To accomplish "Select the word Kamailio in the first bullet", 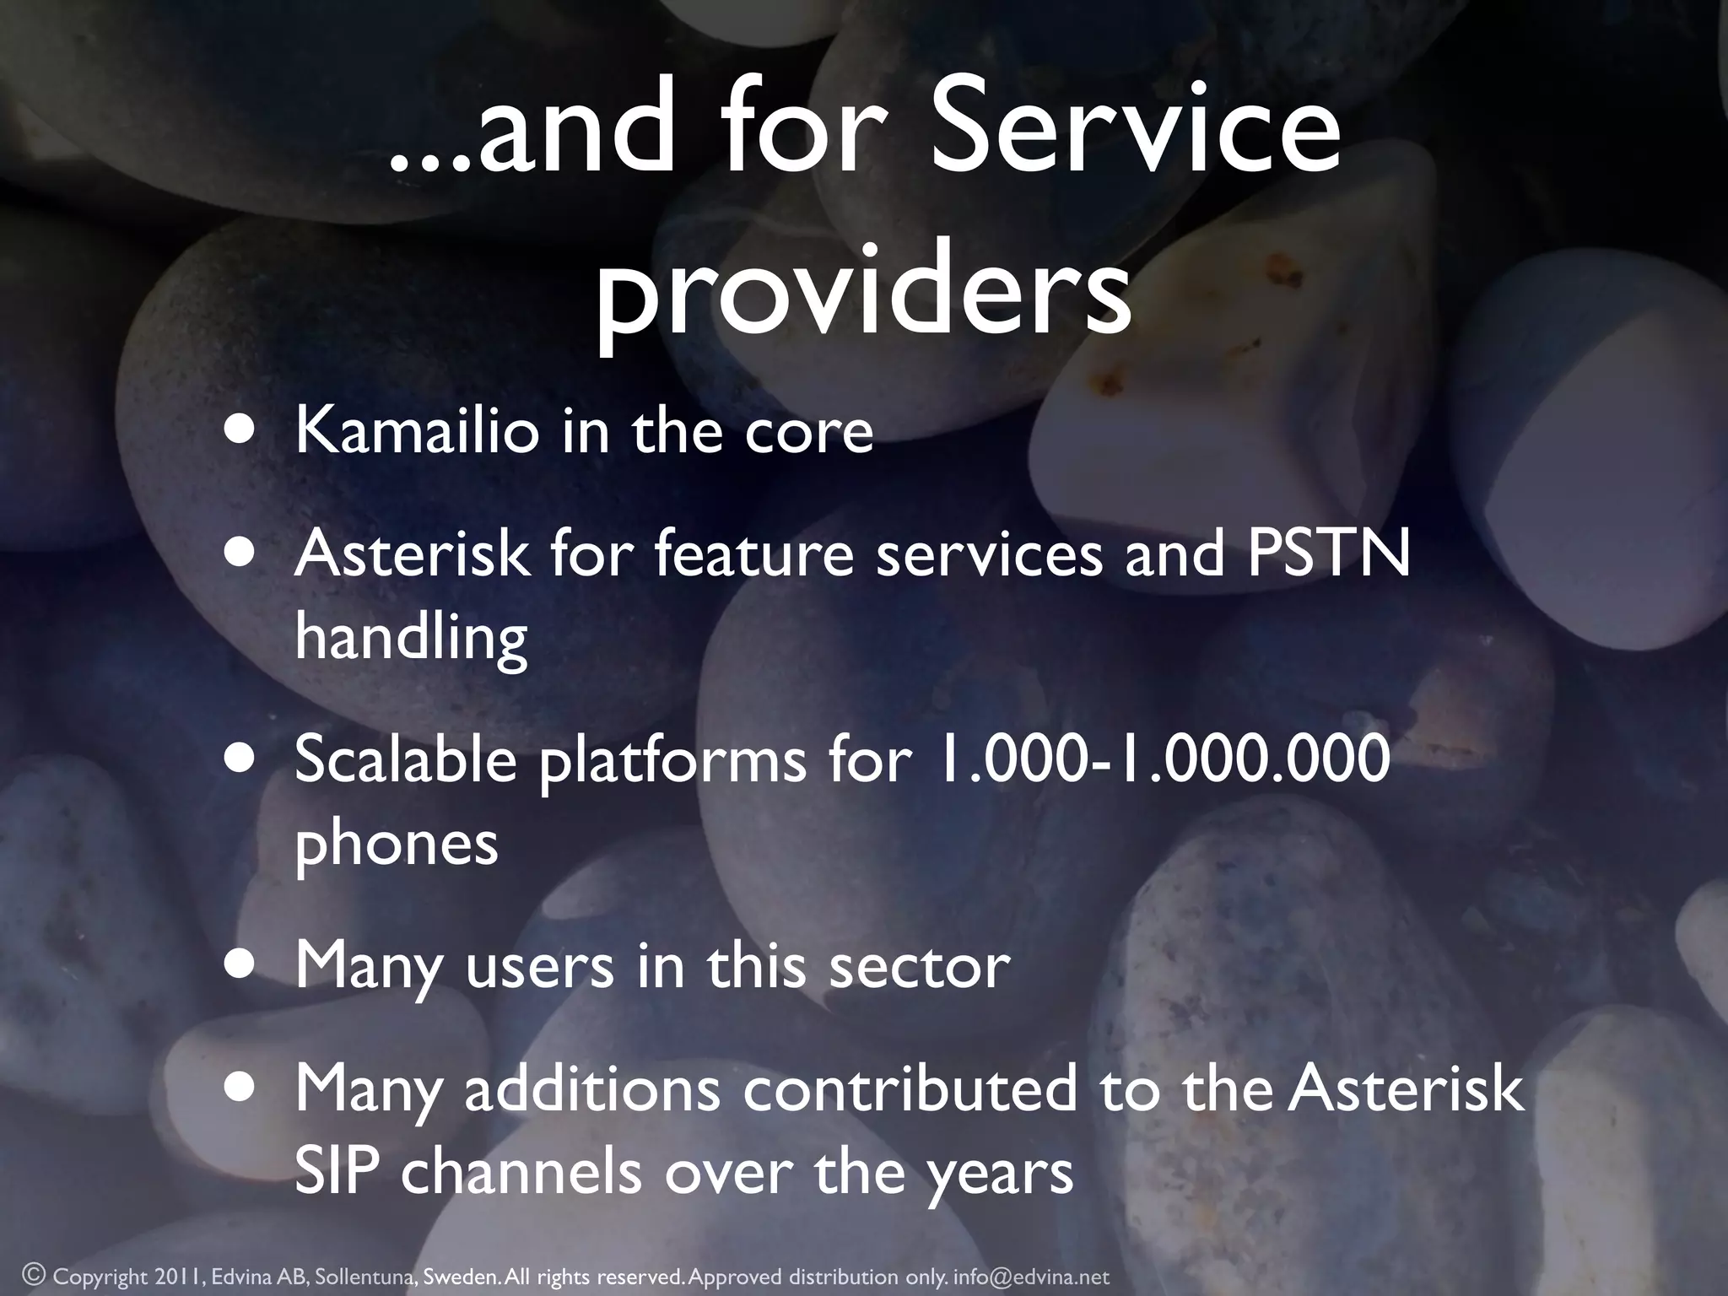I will coord(417,431).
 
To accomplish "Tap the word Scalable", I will coord(406,759).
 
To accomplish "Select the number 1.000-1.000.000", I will coord(1163,759).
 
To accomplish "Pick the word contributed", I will coord(910,1088).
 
